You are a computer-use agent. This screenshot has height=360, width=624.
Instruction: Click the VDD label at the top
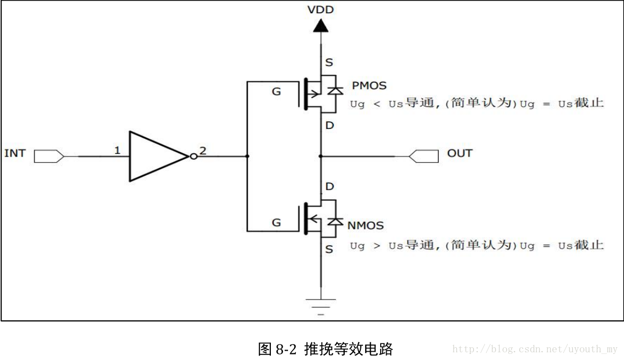(321, 9)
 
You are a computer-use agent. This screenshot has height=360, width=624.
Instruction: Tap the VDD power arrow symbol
(321, 25)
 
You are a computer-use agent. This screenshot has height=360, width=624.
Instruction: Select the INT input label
(15, 153)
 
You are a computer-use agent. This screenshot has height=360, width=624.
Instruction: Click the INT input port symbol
(49, 157)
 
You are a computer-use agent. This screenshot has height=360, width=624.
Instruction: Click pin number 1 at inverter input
(117, 150)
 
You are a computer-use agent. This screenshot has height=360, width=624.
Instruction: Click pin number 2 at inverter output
(202, 151)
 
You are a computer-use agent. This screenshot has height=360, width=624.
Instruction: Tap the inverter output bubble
(193, 157)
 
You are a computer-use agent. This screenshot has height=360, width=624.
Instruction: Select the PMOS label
(369, 86)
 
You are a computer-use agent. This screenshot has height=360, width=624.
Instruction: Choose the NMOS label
(365, 225)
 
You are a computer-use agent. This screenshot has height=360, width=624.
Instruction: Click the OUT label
(460, 153)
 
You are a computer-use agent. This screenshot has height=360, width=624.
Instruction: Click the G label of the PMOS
(276, 92)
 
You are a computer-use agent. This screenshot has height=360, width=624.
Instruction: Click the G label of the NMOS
(276, 223)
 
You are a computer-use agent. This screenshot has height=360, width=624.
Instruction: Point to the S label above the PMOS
(329, 63)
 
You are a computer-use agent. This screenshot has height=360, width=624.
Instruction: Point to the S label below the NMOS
(329, 250)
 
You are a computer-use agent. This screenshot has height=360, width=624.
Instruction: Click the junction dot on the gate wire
(247, 157)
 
